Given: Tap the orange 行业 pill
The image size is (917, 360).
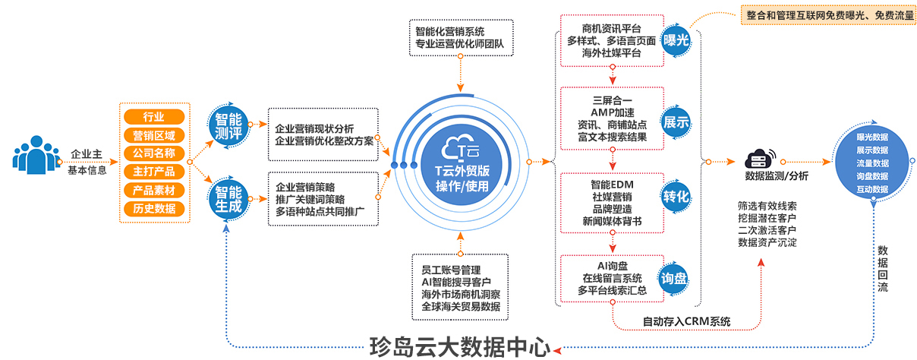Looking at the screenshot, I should tap(154, 116).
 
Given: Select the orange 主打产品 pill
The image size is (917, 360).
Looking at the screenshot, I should tap(154, 171).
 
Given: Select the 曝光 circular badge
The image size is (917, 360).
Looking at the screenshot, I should tap(676, 41).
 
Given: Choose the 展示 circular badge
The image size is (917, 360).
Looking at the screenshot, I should tap(676, 122).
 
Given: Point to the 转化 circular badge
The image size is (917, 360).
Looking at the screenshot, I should tap(676, 197).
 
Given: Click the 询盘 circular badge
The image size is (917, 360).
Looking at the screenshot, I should tap(676, 277).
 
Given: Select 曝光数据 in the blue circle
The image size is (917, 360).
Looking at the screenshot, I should tap(872, 137).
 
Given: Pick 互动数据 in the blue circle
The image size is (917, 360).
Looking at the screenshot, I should tap(872, 189).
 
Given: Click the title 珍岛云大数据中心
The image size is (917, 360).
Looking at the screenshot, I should tap(459, 347).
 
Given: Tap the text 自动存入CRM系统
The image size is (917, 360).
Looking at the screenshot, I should tap(686, 321).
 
